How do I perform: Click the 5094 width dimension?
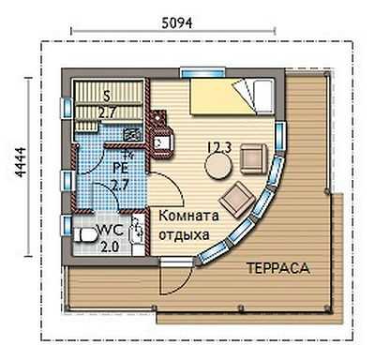[x=176, y=22]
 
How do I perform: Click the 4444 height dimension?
[x=22, y=162]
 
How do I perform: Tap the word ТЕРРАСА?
[x=278, y=268]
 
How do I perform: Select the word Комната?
[x=189, y=216]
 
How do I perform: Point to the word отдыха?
[x=184, y=234]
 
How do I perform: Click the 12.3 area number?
[x=219, y=147]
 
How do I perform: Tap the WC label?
[x=111, y=231]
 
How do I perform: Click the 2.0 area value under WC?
[x=110, y=247]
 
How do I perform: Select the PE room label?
[x=120, y=169]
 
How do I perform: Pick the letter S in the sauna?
[x=107, y=97]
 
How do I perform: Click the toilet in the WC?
[x=85, y=235]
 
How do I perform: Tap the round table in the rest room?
[x=218, y=167]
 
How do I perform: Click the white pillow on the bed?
[x=263, y=96]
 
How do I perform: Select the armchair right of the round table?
[x=254, y=158]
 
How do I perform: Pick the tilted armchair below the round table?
[x=237, y=200]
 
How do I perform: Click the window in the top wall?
[x=202, y=72]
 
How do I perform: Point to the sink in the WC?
[x=137, y=232]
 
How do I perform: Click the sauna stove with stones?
[x=132, y=135]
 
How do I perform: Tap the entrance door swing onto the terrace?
[x=176, y=277]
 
